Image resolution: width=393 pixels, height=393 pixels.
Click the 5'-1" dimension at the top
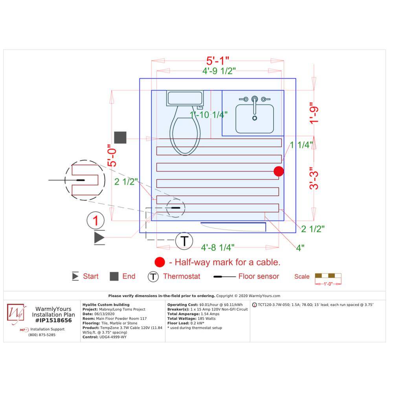218,61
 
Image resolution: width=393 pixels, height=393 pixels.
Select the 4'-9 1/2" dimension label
219,71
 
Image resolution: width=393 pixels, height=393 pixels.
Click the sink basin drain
255,118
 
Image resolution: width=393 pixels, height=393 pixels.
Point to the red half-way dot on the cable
279,171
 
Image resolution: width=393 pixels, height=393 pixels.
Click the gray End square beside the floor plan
120,137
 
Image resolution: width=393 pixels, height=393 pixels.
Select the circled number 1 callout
95,220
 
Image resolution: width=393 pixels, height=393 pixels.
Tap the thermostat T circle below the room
184,241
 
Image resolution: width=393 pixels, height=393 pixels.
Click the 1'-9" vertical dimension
314,113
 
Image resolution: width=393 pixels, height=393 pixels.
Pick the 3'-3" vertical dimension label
314,178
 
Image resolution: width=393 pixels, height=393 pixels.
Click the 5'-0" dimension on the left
112,155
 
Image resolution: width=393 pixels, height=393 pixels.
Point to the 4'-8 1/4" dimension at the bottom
218,248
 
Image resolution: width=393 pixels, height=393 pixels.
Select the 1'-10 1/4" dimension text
209,115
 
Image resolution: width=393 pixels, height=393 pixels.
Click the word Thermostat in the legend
182,276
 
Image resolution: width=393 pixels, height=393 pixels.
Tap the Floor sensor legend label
259,276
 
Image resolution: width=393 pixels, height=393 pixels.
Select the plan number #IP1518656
53,321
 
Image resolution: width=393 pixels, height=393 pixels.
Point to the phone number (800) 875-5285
42,335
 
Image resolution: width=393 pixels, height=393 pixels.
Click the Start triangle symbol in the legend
75,276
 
